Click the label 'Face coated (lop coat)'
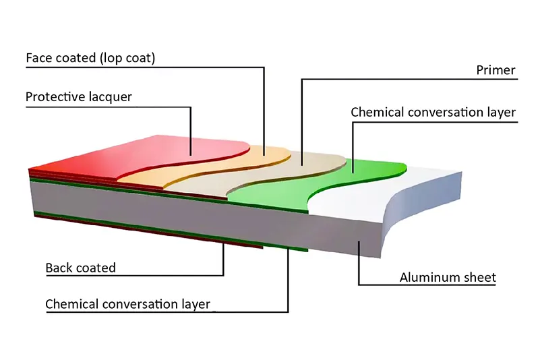click(90, 58)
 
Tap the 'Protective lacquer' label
click(78, 97)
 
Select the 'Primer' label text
click(496, 70)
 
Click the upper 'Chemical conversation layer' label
click(433, 112)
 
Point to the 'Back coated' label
click(80, 268)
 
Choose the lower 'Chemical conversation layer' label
click(127, 304)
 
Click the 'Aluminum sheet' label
click(448, 277)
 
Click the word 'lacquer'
click(109, 97)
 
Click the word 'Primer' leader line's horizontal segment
click(404, 80)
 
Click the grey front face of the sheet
click(202, 216)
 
